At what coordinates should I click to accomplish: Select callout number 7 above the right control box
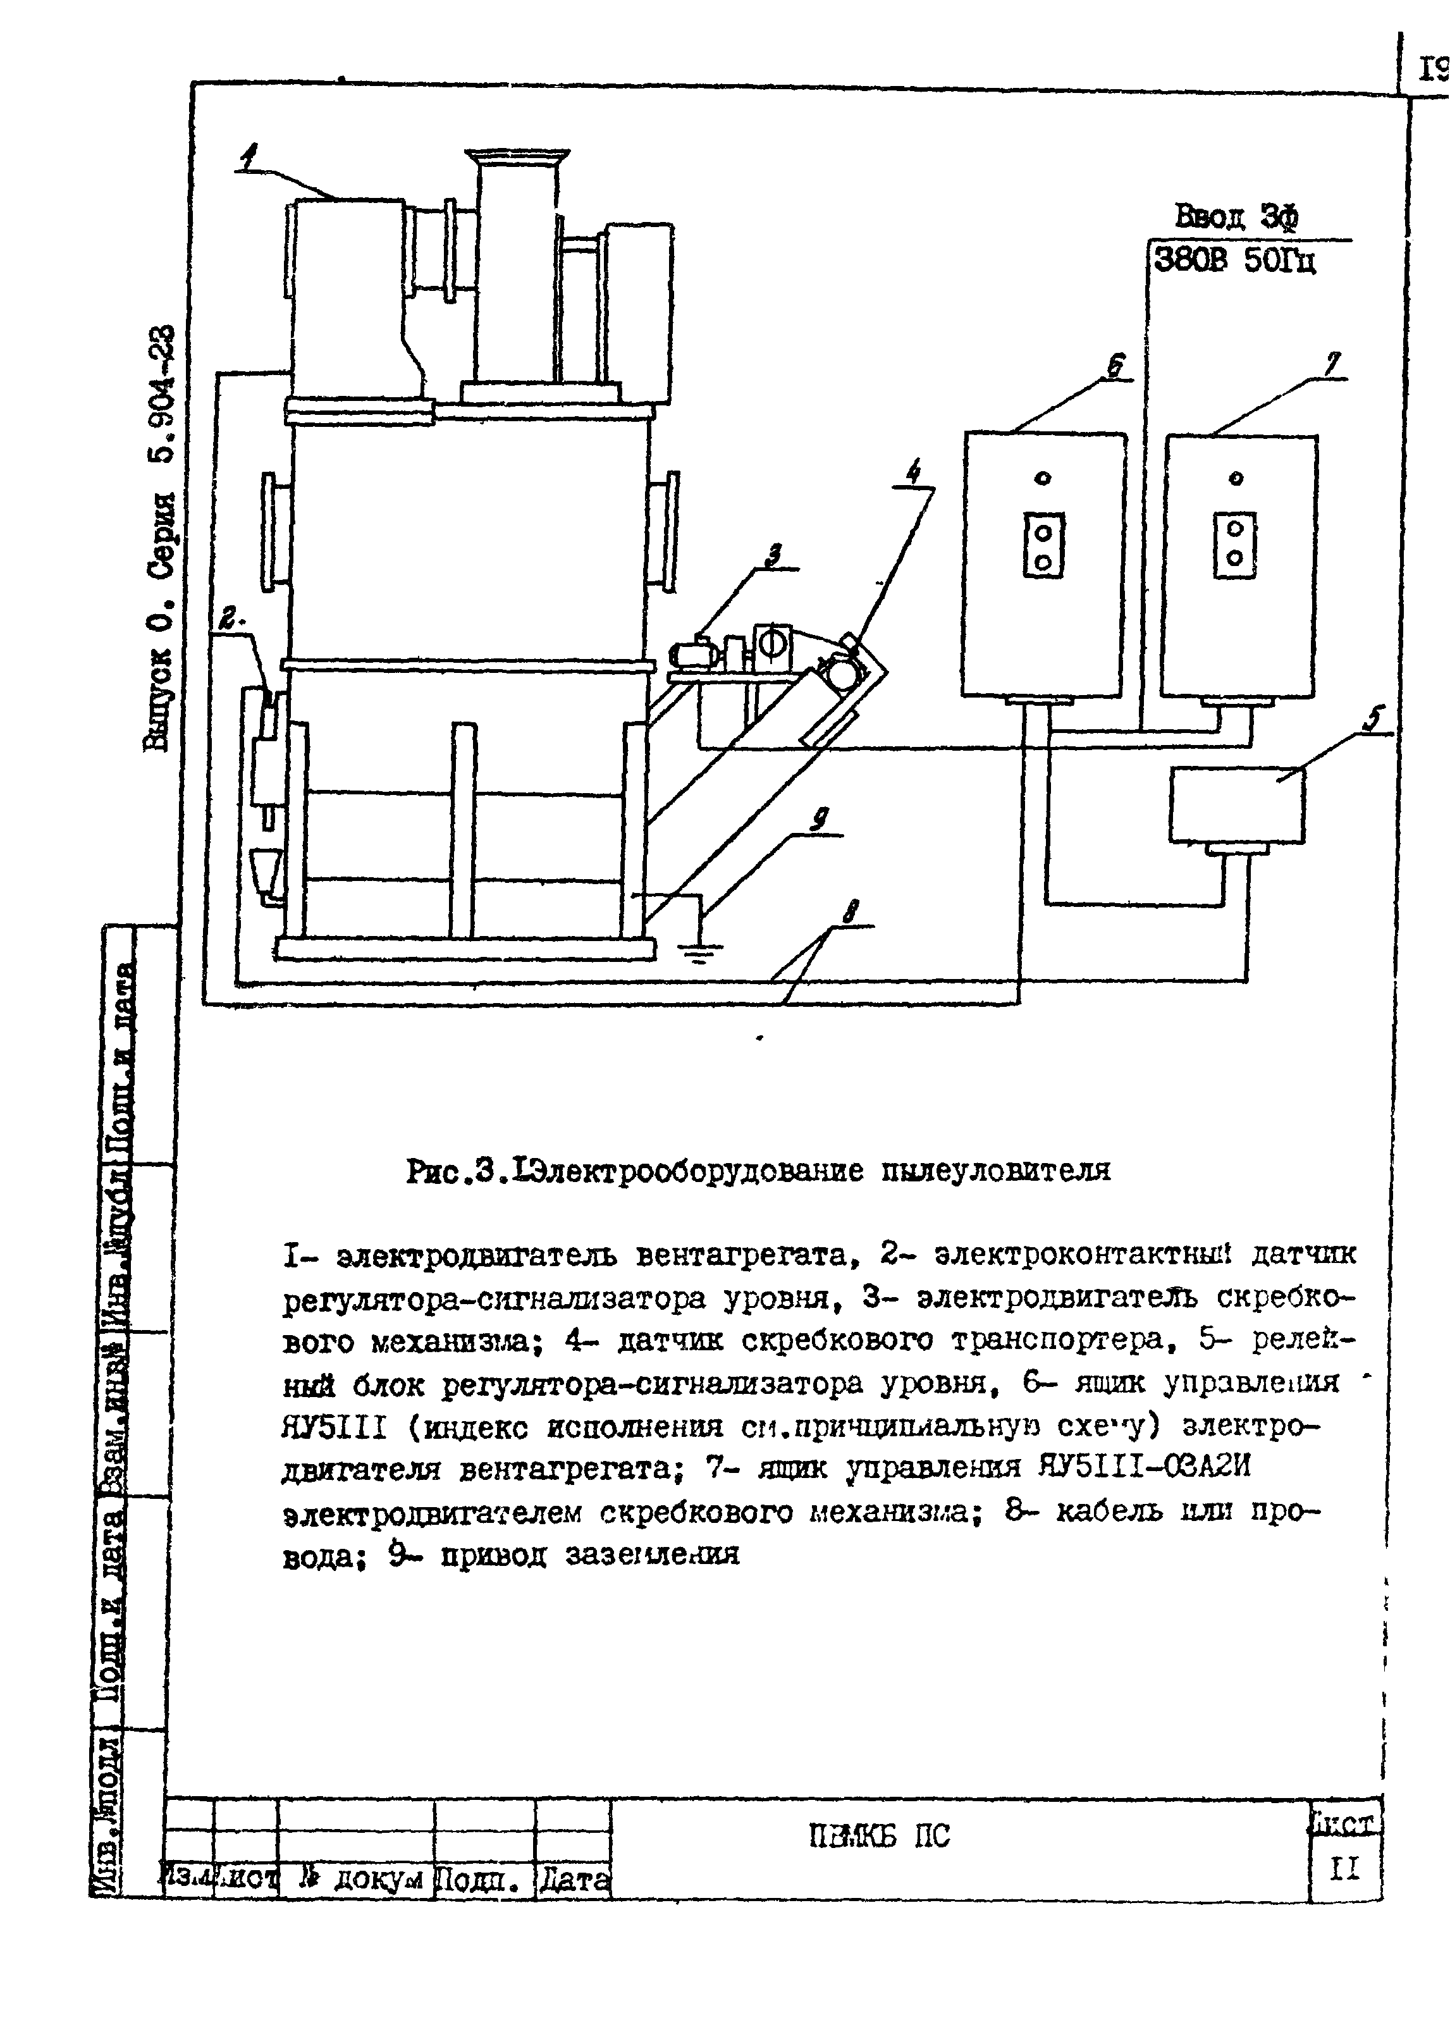coord(1333,364)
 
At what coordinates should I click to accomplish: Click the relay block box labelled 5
coord(1237,805)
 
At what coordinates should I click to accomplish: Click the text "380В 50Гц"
coord(1235,260)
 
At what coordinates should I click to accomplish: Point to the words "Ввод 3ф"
coord(1236,217)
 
